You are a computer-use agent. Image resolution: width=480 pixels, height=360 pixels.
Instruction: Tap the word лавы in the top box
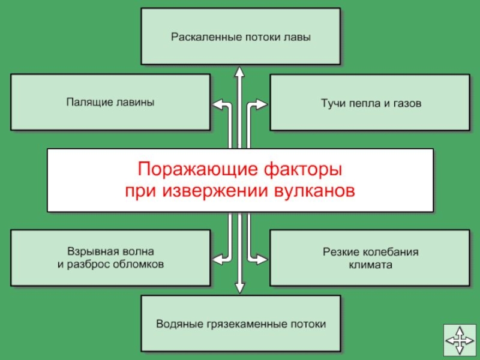pyautogui.click(x=298, y=37)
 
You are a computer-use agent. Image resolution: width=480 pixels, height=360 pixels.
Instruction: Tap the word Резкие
pyautogui.click(x=337, y=251)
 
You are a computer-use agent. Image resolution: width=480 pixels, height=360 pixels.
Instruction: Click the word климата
pyautogui.click(x=370, y=264)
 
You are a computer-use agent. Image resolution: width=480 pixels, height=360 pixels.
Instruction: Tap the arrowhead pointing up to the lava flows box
pyautogui.click(x=239, y=71)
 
